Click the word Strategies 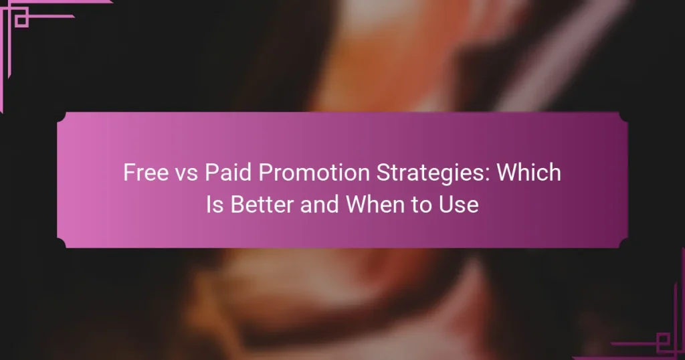coord(405,173)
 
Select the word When coord(378,204)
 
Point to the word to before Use coord(426,204)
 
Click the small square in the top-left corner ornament coord(21,20)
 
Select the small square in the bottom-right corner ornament coord(663,340)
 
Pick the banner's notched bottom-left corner coord(62,243)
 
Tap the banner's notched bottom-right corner coord(623,243)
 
